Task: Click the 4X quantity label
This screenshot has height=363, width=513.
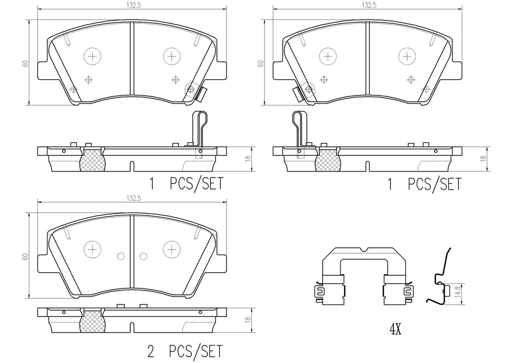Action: click(x=395, y=330)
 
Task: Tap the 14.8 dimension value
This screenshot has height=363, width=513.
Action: click(x=459, y=291)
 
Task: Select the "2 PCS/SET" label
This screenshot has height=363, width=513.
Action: click(x=185, y=351)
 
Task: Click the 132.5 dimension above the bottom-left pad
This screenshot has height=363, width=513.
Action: click(x=132, y=198)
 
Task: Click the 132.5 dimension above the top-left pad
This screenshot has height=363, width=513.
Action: click(x=132, y=5)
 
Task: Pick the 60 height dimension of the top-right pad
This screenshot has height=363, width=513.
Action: click(x=261, y=64)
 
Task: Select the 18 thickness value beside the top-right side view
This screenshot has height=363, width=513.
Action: click(x=483, y=158)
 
